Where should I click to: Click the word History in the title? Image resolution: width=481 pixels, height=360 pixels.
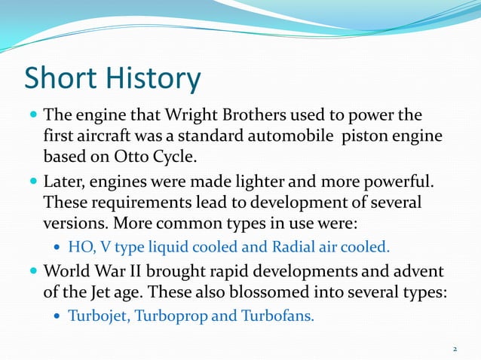point(150,79)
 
